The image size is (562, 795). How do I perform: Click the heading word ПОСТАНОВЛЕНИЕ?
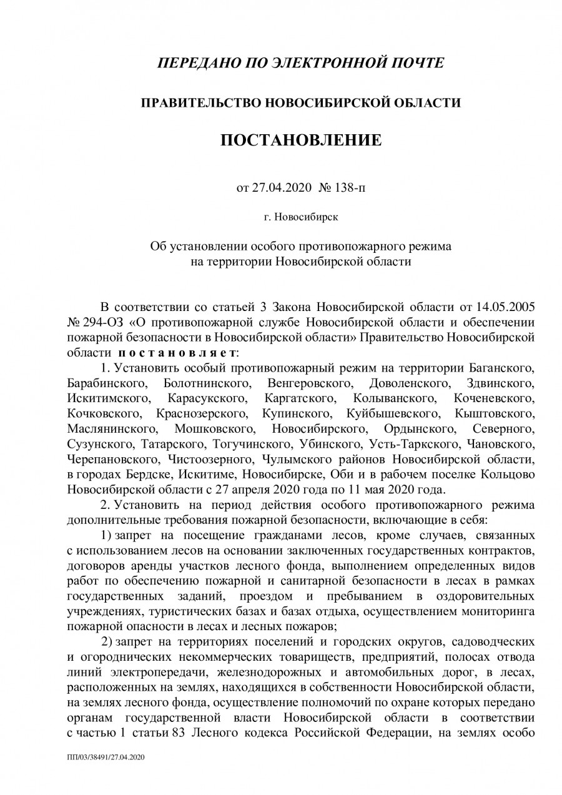tap(300, 140)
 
